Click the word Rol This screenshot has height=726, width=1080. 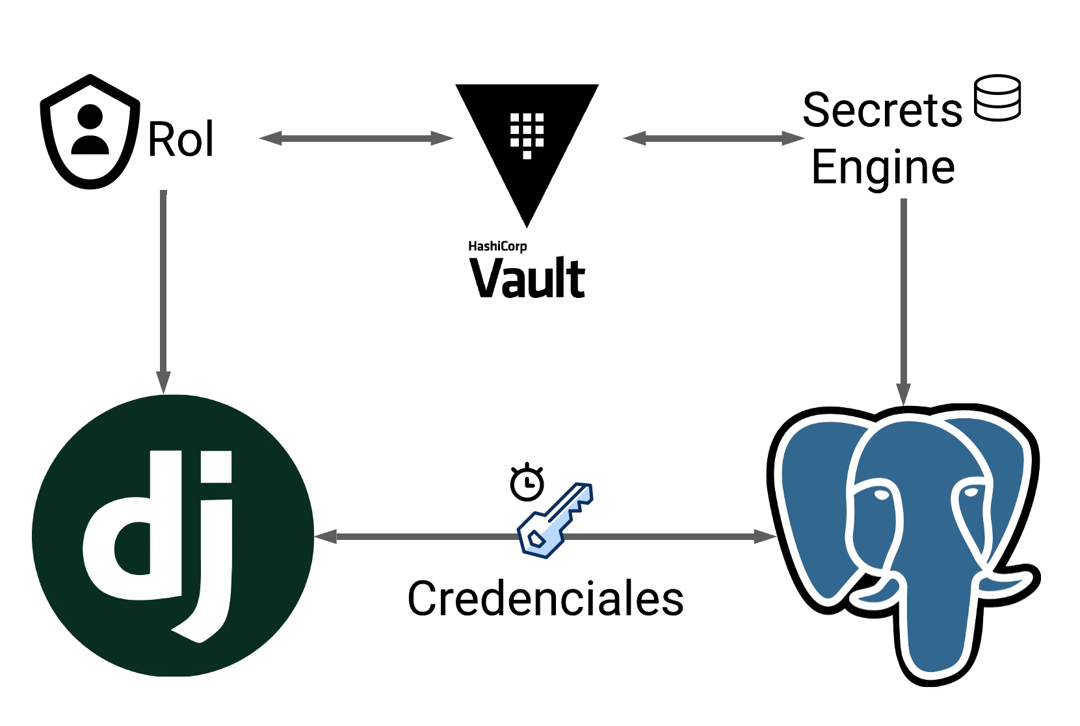181,139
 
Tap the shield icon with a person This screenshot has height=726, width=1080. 90,133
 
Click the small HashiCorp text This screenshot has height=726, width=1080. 497,246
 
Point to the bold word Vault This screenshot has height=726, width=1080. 527,278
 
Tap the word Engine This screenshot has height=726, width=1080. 883,168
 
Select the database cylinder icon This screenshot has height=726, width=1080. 997,98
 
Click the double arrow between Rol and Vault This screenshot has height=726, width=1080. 356,138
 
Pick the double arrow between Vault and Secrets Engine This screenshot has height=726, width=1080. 713,138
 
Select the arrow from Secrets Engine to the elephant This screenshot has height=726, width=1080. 903,299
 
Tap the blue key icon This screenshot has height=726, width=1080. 554,520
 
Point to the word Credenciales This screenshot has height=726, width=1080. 545,598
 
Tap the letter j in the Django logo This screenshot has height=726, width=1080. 211,553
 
